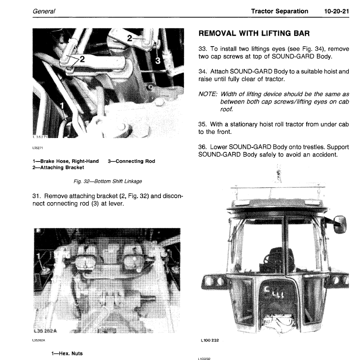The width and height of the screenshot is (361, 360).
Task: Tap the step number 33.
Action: [x=203, y=48]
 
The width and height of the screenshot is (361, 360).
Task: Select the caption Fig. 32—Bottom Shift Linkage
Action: [x=108, y=181]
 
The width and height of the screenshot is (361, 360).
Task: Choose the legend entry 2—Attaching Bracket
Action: [x=58, y=168]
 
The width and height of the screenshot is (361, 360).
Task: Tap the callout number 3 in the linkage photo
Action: [x=157, y=60]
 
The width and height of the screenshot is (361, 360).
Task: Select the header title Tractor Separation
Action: [x=280, y=11]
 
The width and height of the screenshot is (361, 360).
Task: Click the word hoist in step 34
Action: [x=323, y=71]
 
